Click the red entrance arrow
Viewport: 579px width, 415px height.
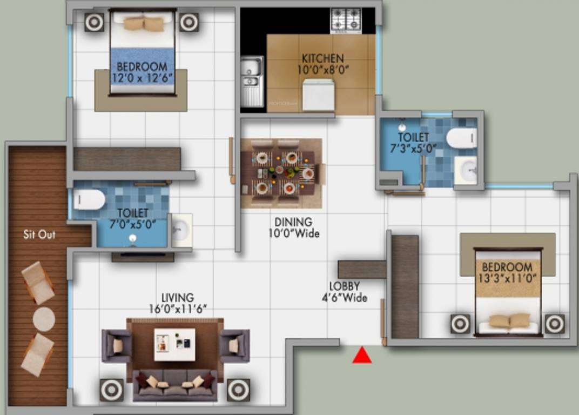coord(362,355)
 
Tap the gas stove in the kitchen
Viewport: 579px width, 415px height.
coord(346,21)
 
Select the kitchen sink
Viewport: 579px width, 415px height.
coord(252,81)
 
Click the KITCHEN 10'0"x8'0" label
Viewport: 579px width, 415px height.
coord(323,64)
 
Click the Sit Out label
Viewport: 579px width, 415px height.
coord(39,235)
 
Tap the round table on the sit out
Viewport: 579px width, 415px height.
coord(44,319)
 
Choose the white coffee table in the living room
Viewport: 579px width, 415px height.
coord(174,344)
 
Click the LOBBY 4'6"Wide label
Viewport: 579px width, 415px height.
coord(345,292)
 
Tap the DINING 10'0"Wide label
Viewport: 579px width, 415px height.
coord(294,227)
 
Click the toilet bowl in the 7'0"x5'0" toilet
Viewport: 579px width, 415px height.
coord(89,199)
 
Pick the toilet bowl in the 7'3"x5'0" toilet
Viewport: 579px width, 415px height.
coord(462,138)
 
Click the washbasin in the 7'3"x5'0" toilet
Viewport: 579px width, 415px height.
coord(466,170)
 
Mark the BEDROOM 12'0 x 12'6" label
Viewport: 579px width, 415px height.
coord(142,72)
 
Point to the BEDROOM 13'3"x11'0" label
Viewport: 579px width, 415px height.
coord(507,272)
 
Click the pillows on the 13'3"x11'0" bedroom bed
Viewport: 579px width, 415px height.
coord(509,320)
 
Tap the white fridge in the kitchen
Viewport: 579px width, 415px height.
coord(318,95)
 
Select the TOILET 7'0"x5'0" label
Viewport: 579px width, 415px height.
coord(132,218)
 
